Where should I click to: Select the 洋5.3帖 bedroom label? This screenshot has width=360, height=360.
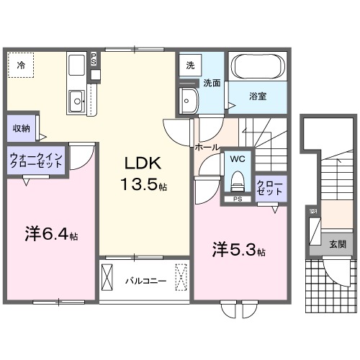pyautogui.click(x=238, y=251)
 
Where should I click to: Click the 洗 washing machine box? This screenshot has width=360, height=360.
pyautogui.click(x=189, y=65)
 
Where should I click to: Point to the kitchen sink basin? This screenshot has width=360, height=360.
pyautogui.click(x=76, y=101)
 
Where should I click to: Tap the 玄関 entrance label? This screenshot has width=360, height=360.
pyautogui.click(x=337, y=244)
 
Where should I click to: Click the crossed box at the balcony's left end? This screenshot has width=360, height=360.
pyautogui.click(x=109, y=276)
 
